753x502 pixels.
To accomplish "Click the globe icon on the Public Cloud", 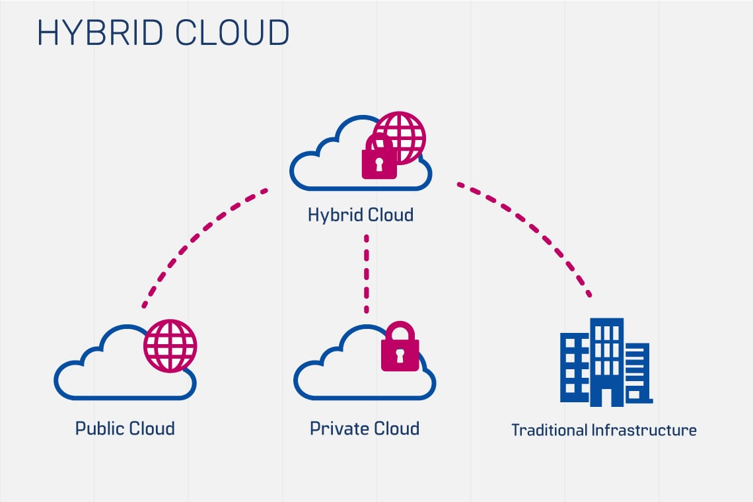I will point(170,346).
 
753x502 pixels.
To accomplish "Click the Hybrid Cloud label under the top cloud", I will point(361,215).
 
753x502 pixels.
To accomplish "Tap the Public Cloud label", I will point(125,428).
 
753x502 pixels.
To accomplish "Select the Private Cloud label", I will point(365,428).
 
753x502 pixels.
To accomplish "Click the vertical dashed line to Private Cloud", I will point(366,274).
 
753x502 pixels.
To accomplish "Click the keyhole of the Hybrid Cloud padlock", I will point(379,164).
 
